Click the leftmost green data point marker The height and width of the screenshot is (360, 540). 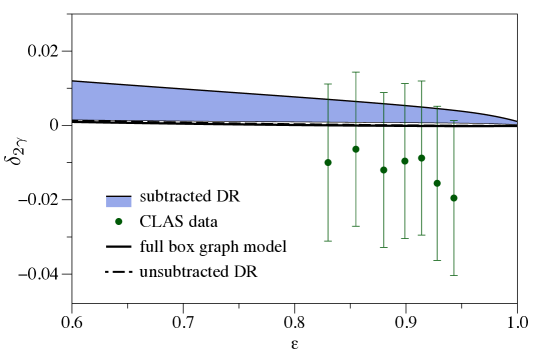(x=327, y=162)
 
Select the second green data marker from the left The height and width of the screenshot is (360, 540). (x=355, y=149)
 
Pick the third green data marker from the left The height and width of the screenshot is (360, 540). (x=383, y=170)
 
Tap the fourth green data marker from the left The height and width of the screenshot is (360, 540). (x=404, y=161)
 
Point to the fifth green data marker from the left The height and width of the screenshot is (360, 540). (x=421, y=158)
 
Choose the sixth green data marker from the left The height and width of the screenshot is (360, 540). (x=436, y=183)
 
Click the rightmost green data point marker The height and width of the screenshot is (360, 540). (x=453, y=198)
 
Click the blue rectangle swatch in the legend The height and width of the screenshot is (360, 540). (x=119, y=202)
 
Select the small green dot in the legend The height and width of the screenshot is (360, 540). (x=119, y=221)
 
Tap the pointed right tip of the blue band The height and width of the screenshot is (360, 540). (x=515, y=123)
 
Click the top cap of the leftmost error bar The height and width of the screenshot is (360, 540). (x=327, y=84)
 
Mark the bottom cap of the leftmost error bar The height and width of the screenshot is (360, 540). (x=327, y=240)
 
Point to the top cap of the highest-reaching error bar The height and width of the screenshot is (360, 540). (x=355, y=72)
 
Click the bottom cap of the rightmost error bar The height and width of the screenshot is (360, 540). (x=453, y=275)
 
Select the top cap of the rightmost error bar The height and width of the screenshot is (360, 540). (x=453, y=121)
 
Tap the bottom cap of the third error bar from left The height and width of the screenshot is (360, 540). (x=383, y=247)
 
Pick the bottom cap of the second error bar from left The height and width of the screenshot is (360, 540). (x=355, y=226)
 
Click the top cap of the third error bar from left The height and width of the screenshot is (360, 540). (x=383, y=93)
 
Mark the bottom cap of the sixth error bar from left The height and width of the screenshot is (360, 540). (x=436, y=260)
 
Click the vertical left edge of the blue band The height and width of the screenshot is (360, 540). (x=73, y=101)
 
